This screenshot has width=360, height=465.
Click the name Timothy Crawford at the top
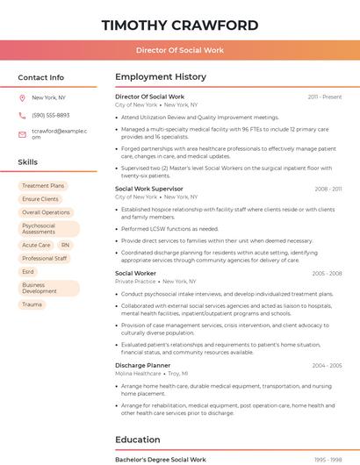(x=180, y=25)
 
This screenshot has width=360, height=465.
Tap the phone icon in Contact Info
(x=22, y=115)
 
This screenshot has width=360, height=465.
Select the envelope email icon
(x=22, y=133)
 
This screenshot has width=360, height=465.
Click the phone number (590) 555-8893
(x=50, y=115)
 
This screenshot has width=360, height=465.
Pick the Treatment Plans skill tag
(x=43, y=186)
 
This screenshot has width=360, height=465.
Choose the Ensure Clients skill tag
(x=40, y=199)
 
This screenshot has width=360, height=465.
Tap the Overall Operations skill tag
(x=46, y=212)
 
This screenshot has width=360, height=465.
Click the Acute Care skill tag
(x=36, y=245)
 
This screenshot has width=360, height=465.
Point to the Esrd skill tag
(x=28, y=272)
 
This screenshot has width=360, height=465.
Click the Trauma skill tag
(x=32, y=304)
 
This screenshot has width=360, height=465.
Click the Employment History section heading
(x=161, y=77)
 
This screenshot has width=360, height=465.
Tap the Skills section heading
(x=27, y=162)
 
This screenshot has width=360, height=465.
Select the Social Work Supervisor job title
(x=149, y=189)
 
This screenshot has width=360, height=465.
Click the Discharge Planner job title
(x=142, y=365)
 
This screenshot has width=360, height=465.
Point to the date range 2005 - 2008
(x=327, y=274)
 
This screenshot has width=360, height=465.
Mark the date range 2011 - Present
(x=325, y=97)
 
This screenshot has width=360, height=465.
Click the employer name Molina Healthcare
(x=138, y=373)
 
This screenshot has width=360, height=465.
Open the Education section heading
(x=138, y=440)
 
